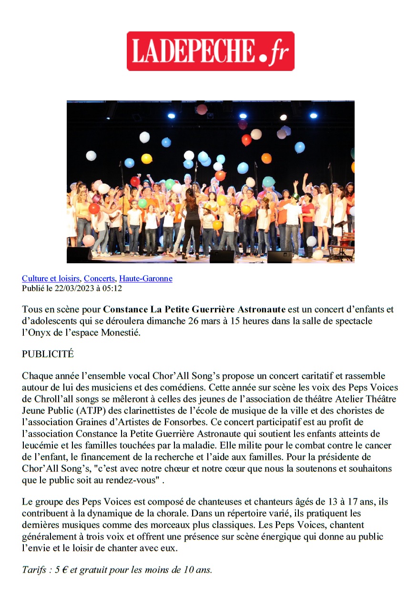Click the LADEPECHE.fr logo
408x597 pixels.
[210, 51]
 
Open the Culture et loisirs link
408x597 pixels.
[51, 279]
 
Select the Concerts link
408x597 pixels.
[99, 279]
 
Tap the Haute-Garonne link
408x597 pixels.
[145, 279]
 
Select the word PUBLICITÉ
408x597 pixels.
[48, 354]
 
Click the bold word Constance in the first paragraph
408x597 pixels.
[125, 309]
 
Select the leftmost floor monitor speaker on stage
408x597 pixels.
[79, 255]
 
